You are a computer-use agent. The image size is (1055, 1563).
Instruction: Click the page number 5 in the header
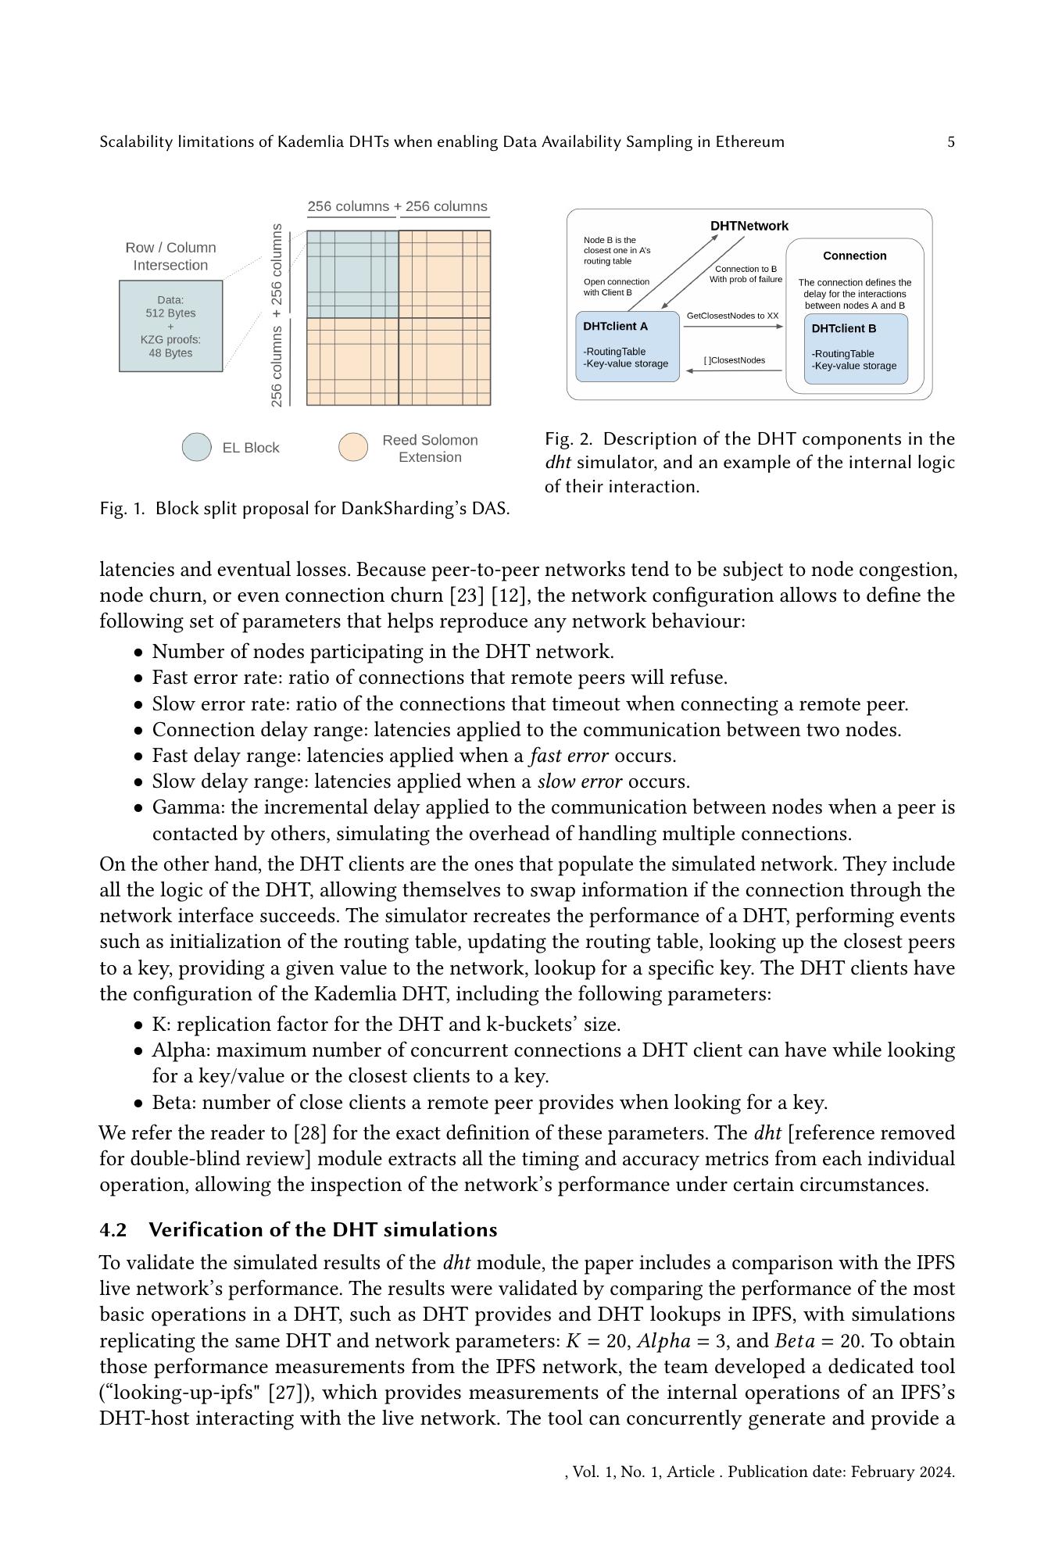pos(951,141)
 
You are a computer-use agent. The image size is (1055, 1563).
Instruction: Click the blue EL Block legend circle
pos(196,447)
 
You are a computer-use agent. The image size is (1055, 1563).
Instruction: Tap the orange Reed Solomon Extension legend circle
pos(352,447)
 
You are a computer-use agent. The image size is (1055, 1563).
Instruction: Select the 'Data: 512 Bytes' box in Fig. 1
pos(170,326)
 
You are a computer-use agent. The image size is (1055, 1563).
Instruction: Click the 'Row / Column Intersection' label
pos(170,256)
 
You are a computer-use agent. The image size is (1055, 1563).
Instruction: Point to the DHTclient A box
pos(627,346)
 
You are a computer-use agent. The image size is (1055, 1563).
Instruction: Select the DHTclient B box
pos(856,349)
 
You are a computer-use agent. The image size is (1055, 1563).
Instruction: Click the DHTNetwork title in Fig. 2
pos(749,226)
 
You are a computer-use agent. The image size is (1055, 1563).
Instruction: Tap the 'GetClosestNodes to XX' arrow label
pos(732,316)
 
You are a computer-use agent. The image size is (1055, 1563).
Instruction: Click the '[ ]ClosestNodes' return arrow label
pos(734,360)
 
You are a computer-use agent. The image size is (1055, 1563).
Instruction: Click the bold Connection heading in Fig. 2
pos(854,256)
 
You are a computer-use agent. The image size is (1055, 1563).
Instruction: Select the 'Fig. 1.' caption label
pos(122,509)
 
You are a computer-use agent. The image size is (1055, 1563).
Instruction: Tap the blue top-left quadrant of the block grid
pos(352,274)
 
